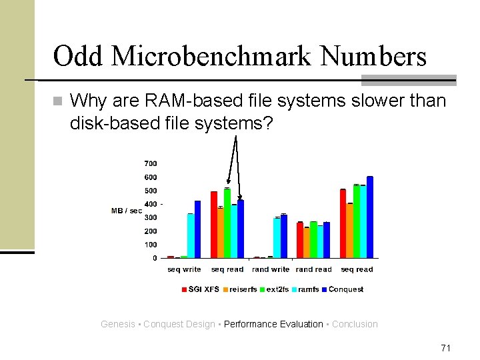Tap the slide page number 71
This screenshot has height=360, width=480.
[446, 348]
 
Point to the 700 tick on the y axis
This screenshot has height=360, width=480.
[150, 163]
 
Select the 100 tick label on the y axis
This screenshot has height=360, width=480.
[150, 245]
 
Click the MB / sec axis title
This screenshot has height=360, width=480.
[125, 211]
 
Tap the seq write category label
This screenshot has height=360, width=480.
[183, 269]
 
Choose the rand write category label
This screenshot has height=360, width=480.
[270, 269]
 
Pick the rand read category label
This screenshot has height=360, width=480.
[313, 269]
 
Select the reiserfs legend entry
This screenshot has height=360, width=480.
[241, 289]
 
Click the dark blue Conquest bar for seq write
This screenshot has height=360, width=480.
[197, 229]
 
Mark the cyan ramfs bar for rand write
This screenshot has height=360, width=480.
[277, 238]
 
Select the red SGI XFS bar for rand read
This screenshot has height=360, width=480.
[300, 240]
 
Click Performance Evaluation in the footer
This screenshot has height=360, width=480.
[273, 324]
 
